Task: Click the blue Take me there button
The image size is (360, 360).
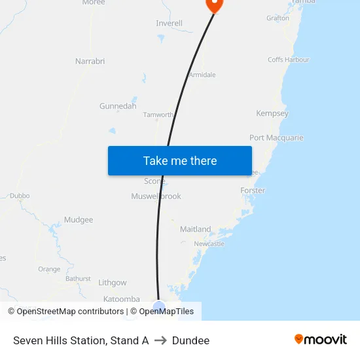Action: tap(179, 160)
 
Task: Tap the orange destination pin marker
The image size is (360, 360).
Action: tap(214, 5)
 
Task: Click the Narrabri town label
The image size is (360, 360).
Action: tap(90, 62)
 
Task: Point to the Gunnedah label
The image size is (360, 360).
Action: tap(118, 106)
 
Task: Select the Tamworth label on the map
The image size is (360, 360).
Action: tap(158, 115)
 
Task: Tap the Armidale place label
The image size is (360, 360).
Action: tap(202, 75)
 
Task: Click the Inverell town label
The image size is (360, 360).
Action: tap(169, 24)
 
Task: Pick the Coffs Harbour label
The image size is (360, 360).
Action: tap(288, 60)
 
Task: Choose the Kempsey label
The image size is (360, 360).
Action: tap(272, 113)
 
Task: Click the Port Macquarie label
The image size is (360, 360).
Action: tap(276, 138)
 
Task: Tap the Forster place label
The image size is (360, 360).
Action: tap(253, 190)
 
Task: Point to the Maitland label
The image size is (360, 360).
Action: tap(195, 229)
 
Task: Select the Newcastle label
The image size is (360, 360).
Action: tap(209, 243)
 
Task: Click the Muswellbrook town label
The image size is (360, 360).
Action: tap(156, 196)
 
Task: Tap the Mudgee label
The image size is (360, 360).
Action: tap(79, 220)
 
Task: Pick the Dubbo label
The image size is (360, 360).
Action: tap(20, 195)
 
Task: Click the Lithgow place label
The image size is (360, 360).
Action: tap(112, 283)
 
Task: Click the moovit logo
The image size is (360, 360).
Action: tap(320, 339)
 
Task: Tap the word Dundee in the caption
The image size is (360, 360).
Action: tap(190, 340)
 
